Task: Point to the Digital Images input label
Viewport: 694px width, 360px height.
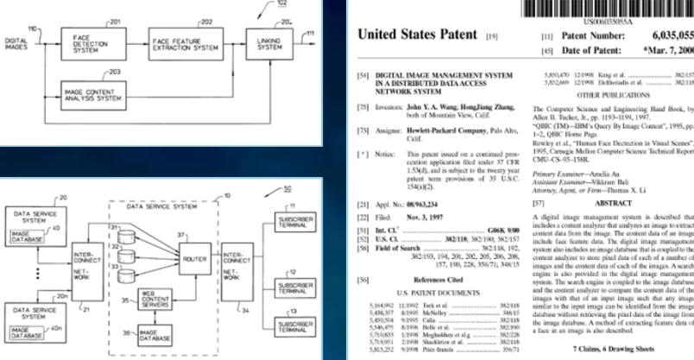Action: tap(16, 39)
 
